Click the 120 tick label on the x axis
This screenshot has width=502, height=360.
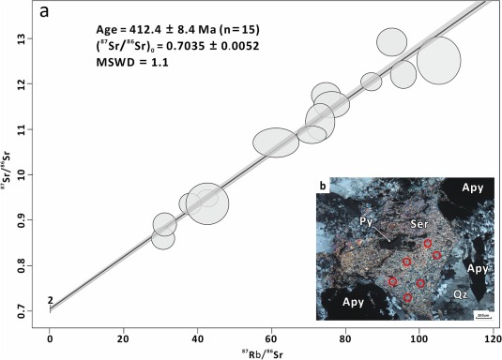coord(491,332)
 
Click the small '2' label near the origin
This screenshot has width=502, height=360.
coord(50,300)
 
